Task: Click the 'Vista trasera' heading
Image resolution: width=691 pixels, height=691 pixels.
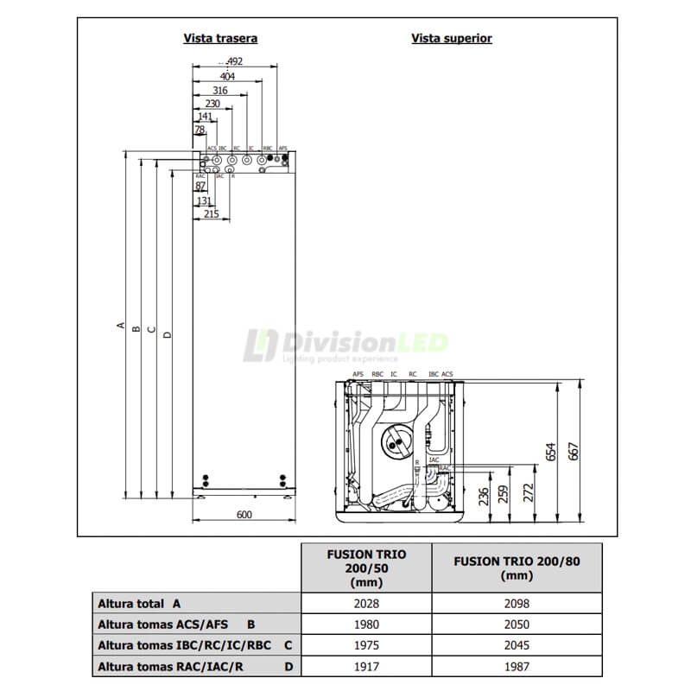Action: (x=220, y=38)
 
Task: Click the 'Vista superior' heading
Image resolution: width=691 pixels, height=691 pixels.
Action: (x=452, y=38)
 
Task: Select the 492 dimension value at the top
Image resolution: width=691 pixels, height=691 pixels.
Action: (x=233, y=61)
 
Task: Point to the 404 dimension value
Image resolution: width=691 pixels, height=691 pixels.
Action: (x=226, y=76)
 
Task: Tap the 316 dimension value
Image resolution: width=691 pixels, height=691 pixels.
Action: (x=219, y=90)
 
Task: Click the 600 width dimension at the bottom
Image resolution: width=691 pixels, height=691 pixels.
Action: (x=243, y=515)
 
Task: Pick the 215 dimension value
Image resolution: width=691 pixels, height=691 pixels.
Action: (x=211, y=214)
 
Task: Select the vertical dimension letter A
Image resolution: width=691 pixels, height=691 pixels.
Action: (x=120, y=326)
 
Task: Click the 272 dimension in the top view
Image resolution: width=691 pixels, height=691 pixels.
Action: (x=529, y=492)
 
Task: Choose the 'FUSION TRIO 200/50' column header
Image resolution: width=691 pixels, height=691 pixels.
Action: (x=365, y=567)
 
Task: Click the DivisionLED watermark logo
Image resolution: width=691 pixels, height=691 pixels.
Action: (x=345, y=345)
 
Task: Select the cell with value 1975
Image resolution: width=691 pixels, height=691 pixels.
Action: (x=365, y=645)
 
